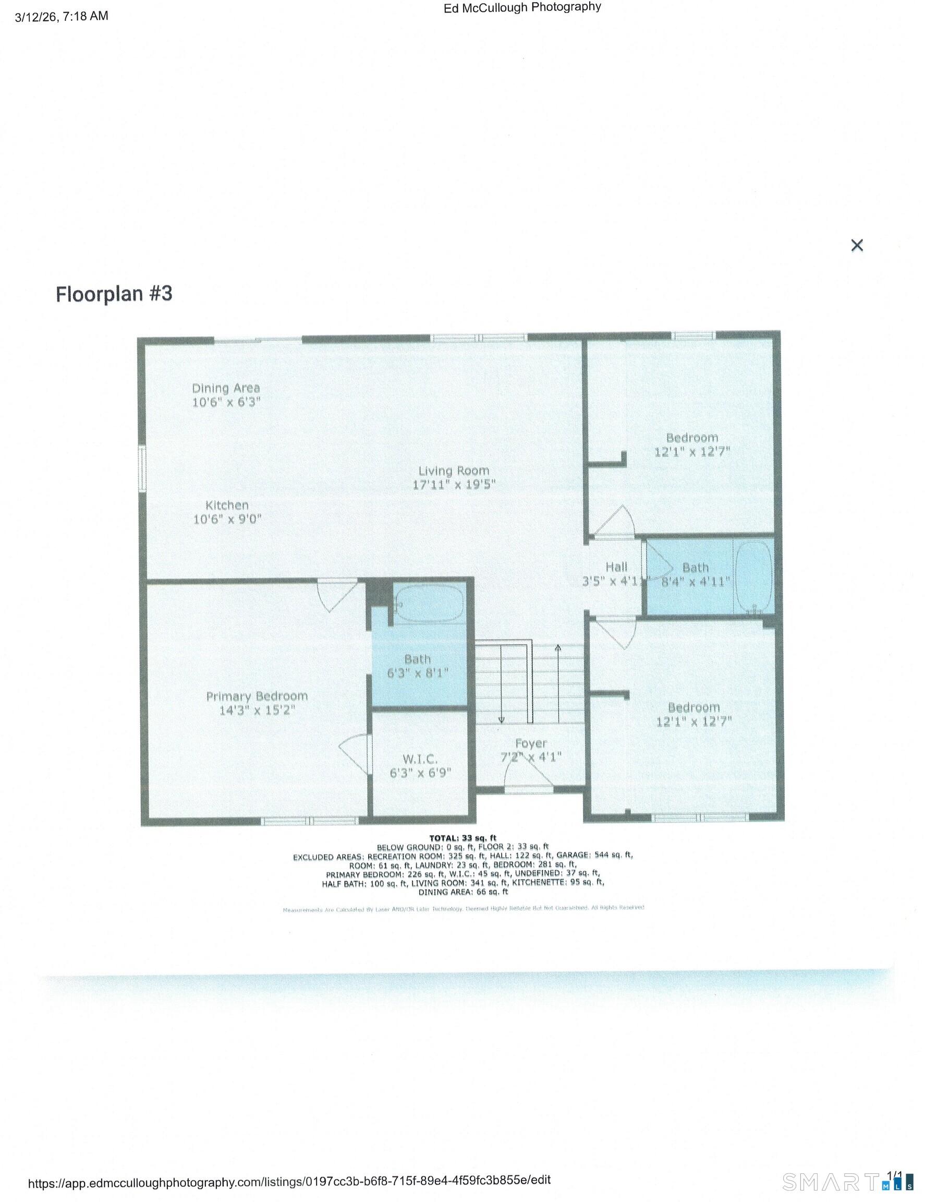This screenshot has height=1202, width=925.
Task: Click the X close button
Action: [856, 246]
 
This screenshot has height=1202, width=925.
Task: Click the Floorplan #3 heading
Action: [114, 294]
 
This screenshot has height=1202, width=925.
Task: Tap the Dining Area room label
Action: [225, 394]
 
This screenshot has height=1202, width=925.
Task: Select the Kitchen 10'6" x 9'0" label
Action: [227, 512]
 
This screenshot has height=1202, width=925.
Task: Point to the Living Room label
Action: [454, 477]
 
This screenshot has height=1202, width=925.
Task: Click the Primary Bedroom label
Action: [257, 703]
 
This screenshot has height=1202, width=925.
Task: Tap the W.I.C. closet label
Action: [420, 765]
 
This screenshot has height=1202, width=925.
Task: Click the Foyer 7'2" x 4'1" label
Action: [531, 750]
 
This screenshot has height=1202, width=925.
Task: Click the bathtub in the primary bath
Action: [429, 604]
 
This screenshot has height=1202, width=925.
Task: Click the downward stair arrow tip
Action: [502, 720]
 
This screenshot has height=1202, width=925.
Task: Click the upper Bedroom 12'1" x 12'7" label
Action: [692, 444]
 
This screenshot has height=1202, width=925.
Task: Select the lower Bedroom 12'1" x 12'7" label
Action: [693, 714]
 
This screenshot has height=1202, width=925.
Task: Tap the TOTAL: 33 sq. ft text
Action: [462, 838]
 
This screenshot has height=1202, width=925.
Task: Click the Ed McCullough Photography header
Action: [522, 8]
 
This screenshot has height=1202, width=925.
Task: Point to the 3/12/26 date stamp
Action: [61, 17]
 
